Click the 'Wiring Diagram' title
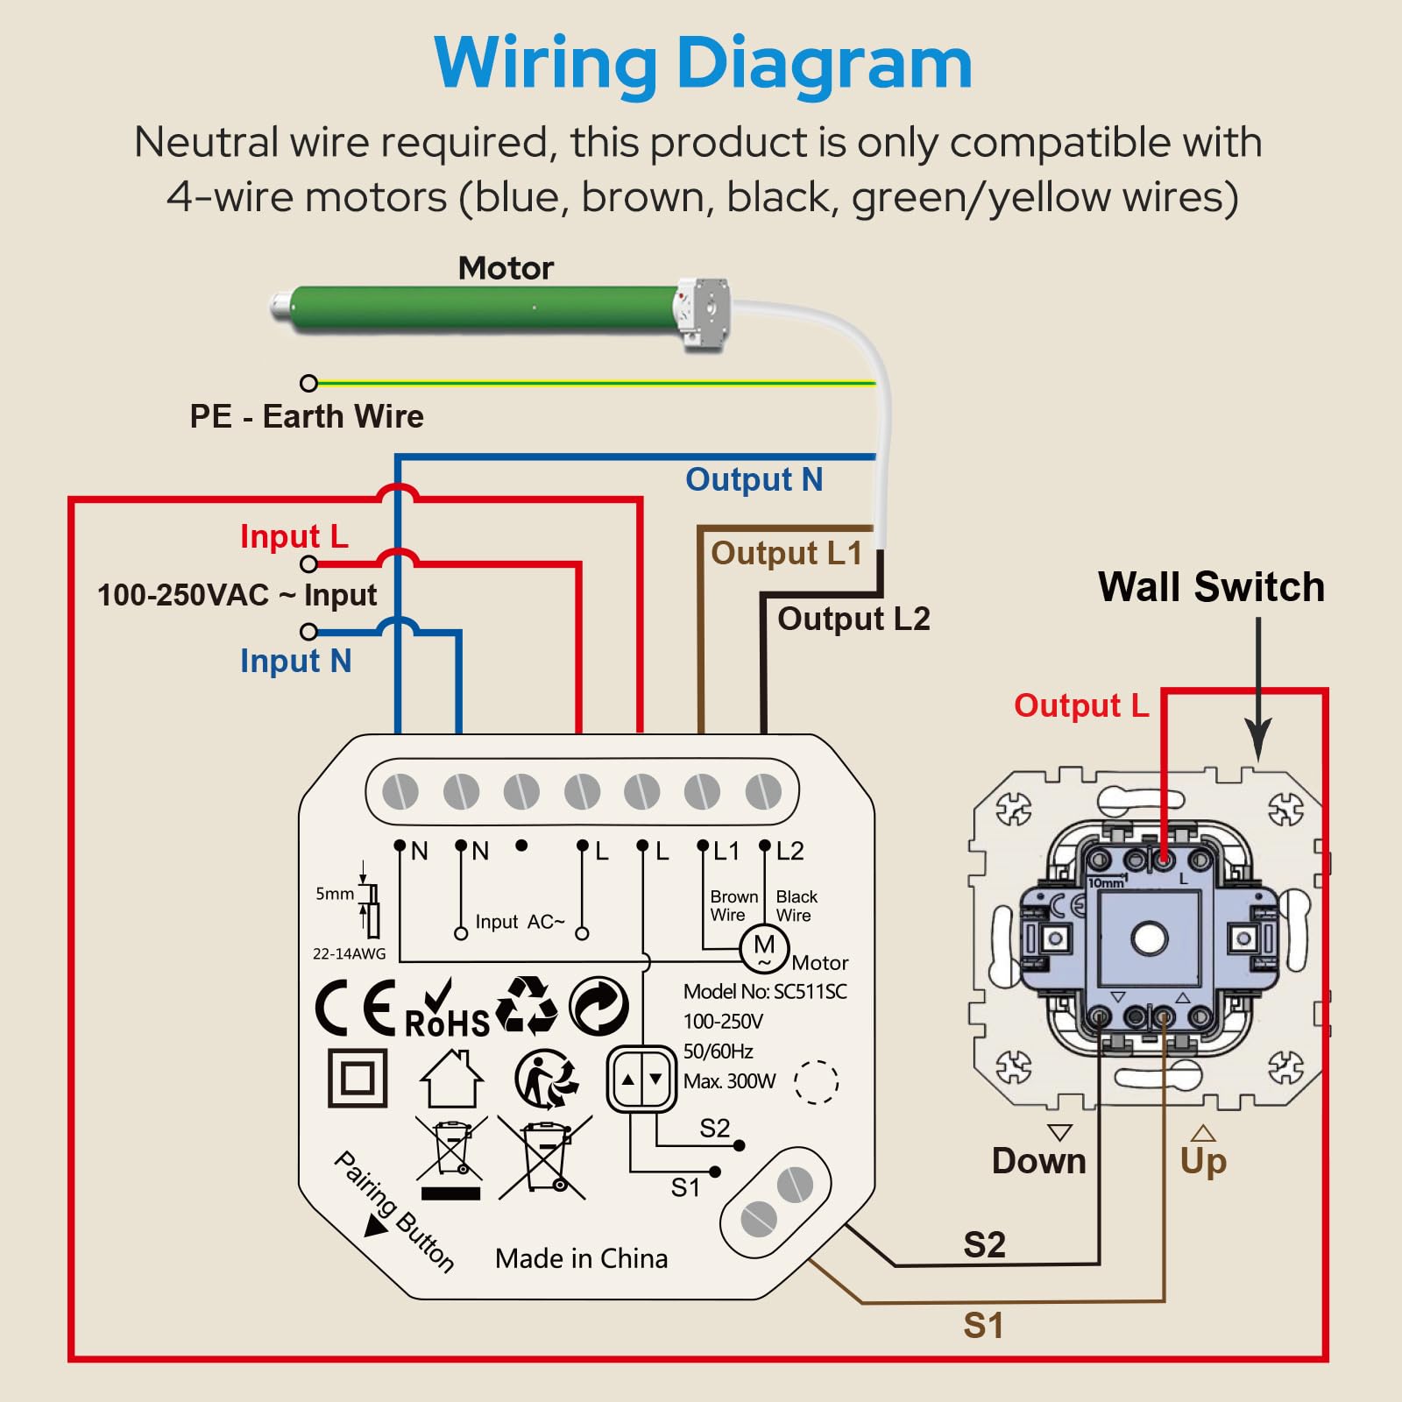click(x=703, y=63)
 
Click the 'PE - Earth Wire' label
click(x=307, y=416)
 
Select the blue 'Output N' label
click(x=754, y=480)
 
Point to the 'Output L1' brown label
click(x=786, y=553)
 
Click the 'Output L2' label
click(x=853, y=619)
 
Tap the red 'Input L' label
click(x=294, y=536)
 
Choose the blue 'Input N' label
click(x=295, y=661)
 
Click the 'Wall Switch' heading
click(x=1211, y=587)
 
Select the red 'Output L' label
click(x=1080, y=705)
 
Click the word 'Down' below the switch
click(x=1038, y=1161)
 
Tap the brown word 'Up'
click(x=1203, y=1162)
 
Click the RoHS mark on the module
click(x=447, y=1009)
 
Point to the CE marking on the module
click(x=356, y=1008)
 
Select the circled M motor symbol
click(x=764, y=947)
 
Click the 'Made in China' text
click(x=581, y=1259)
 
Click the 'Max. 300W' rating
click(x=729, y=1081)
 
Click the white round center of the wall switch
click(x=1149, y=938)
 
